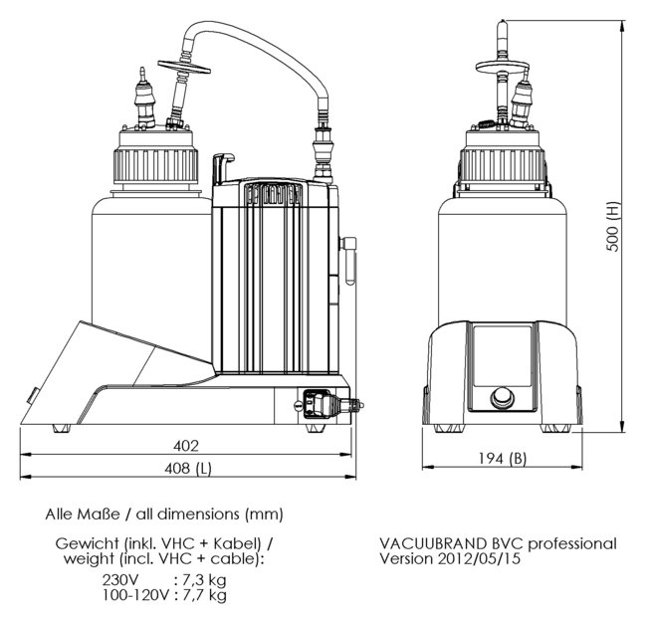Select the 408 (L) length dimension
tap(188, 468)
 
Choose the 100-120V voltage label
tap(135, 595)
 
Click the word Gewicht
tap(84, 543)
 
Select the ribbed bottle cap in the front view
tap(502, 160)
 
